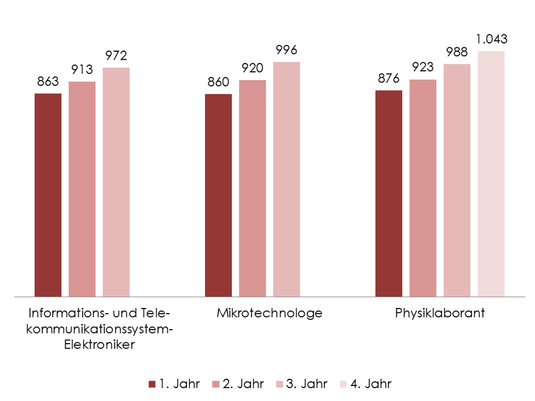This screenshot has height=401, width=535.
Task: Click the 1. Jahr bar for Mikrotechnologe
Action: coord(218,195)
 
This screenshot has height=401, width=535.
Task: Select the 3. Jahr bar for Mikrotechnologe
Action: coord(286,179)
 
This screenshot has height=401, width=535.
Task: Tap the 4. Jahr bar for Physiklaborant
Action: coord(491,173)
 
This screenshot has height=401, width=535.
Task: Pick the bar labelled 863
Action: coord(48,194)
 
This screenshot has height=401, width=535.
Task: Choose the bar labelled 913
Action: coord(82,189)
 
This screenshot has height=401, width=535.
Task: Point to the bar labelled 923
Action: coord(423,188)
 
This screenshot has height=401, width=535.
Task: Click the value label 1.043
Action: coord(491,40)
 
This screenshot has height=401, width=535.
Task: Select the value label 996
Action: coord(286,51)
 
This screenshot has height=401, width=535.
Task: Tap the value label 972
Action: coord(116,56)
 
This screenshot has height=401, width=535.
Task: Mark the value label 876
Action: coord(389,79)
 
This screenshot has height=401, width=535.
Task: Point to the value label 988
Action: coord(457,52)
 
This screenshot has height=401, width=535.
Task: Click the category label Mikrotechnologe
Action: coord(270,313)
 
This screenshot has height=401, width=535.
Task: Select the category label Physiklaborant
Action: coord(440,313)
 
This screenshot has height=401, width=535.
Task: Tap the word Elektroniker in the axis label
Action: coord(98,344)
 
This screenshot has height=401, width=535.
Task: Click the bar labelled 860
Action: coord(218,195)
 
